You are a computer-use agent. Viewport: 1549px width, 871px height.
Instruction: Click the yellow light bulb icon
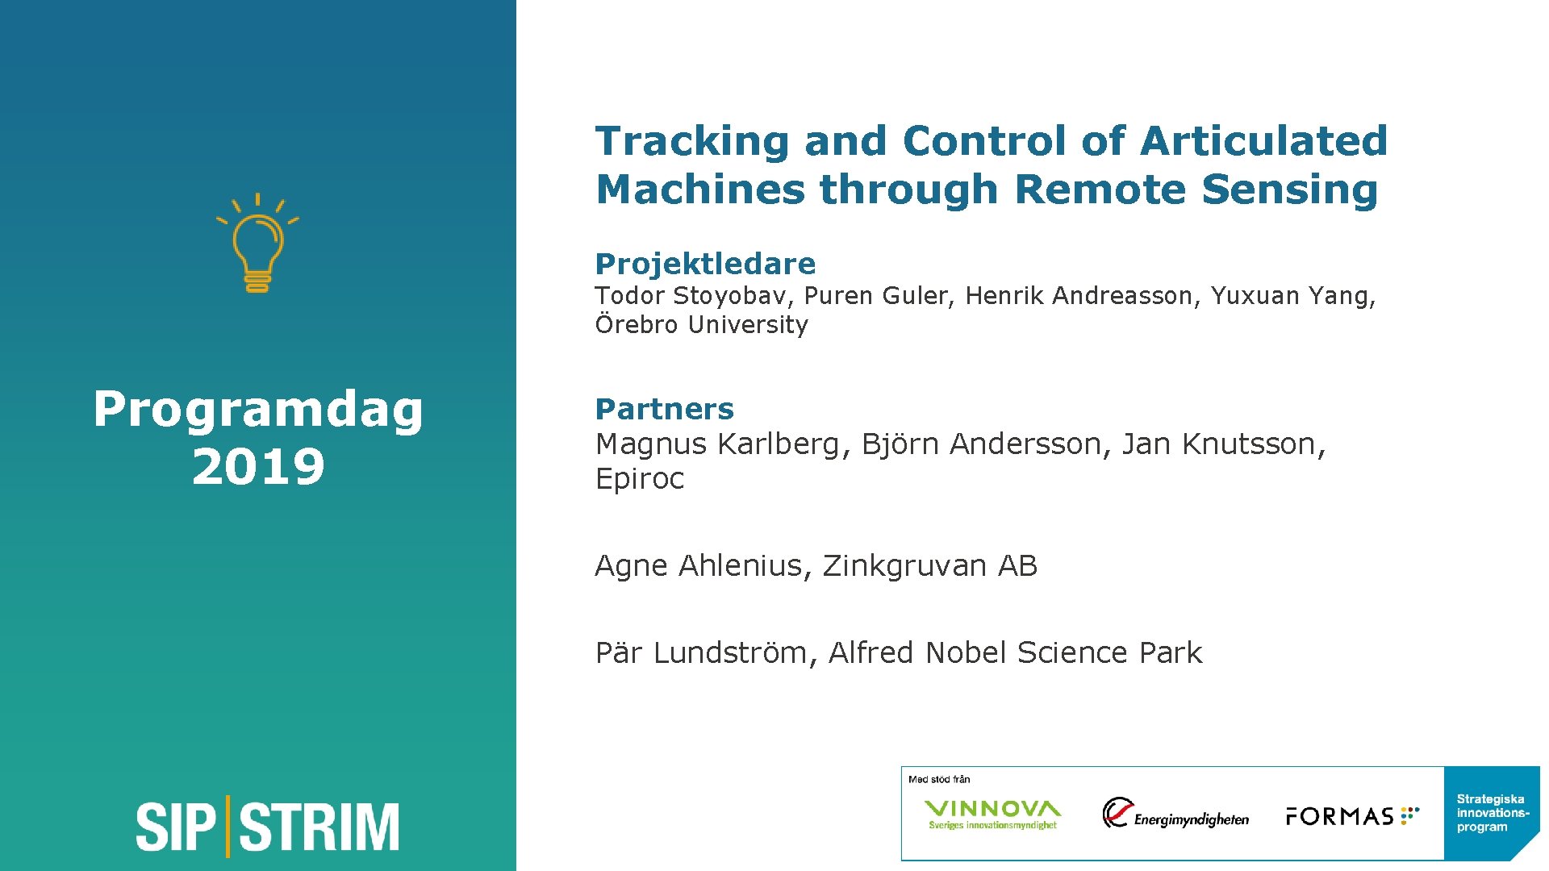(257, 244)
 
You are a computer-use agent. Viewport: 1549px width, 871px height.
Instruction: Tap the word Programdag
(258, 410)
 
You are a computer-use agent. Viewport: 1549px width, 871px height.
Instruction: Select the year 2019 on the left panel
(258, 466)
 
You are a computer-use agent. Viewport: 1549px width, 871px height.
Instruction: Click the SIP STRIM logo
(267, 827)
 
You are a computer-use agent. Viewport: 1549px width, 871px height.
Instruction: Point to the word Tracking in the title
(691, 141)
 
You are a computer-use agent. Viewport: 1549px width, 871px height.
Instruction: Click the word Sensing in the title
(1289, 190)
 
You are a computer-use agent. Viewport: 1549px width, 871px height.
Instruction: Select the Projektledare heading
(705, 264)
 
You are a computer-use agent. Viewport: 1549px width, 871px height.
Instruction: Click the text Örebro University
(701, 325)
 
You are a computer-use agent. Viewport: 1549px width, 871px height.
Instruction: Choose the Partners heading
(664, 409)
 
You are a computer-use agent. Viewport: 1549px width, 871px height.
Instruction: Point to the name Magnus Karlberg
(717, 444)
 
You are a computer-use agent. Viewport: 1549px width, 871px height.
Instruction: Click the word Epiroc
(639, 479)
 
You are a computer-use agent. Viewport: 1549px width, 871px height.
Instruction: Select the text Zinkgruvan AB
(929, 566)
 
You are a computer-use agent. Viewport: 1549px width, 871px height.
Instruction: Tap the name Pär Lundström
(700, 652)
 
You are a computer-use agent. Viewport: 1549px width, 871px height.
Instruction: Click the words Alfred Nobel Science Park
(1015, 652)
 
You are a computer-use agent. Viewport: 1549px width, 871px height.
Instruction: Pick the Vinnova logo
(992, 814)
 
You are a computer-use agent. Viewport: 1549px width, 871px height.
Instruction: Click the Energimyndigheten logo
(1175, 814)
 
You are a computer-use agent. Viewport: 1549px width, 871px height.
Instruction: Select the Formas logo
(1352, 816)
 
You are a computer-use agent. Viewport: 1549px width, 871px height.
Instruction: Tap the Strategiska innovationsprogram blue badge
(1492, 813)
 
